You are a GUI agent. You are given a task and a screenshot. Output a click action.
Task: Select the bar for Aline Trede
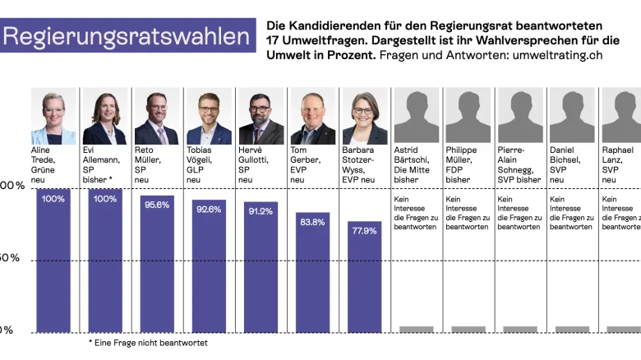(x=53, y=263)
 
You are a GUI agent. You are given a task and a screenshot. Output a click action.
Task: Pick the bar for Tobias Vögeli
(x=209, y=267)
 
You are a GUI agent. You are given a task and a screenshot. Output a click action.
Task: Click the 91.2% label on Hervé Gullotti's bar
(x=261, y=211)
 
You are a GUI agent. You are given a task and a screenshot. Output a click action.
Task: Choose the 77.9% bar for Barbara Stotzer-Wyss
(x=364, y=279)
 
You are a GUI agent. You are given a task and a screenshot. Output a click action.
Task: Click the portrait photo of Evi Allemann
(x=105, y=117)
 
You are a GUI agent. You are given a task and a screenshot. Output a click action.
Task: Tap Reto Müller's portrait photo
(x=156, y=117)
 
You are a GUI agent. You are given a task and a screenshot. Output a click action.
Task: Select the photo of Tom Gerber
(x=312, y=117)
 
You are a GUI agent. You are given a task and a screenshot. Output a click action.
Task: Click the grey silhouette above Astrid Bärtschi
(x=416, y=117)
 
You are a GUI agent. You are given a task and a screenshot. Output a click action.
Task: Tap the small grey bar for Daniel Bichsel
(x=572, y=329)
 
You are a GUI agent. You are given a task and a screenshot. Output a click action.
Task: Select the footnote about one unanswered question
(x=148, y=343)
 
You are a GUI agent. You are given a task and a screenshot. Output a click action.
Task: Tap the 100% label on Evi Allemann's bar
(x=105, y=199)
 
